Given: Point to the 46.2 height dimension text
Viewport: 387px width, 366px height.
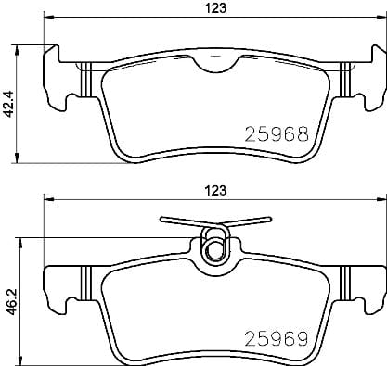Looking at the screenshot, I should click(x=9, y=302).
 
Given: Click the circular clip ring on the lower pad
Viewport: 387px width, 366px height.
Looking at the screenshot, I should click(x=214, y=248).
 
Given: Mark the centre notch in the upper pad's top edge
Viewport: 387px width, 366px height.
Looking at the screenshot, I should click(x=214, y=68).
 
